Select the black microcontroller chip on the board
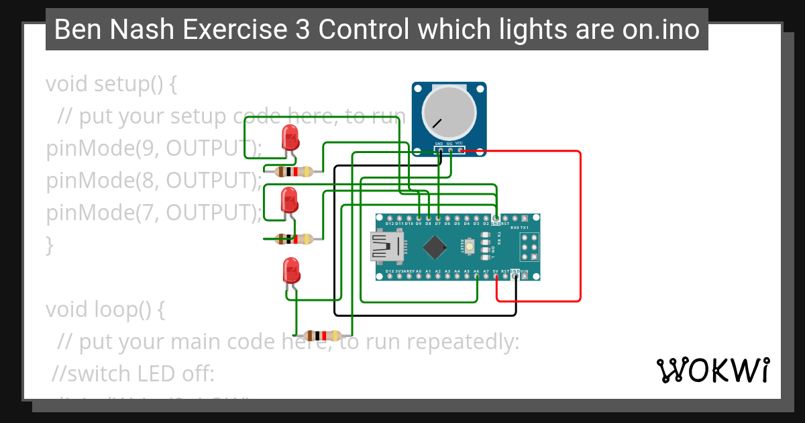435,248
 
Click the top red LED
290,138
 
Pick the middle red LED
289,200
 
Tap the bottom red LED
291,271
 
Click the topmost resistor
294,171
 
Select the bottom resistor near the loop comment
324,336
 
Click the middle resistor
294,238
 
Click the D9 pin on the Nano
419,218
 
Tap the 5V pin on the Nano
496,276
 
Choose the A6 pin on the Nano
476,276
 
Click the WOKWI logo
712,370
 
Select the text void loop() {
105,310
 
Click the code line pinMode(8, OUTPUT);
154,181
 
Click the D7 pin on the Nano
438,218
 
